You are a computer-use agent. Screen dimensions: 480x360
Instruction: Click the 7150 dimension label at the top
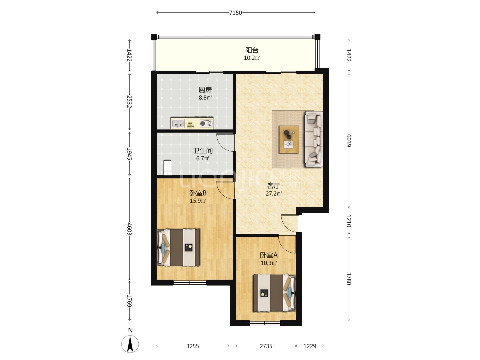coord(236,13)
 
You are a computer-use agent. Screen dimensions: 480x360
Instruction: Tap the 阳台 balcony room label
coord(252,50)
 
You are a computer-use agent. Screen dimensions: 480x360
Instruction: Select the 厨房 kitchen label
coord(205,90)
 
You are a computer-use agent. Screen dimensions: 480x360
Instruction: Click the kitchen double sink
coord(178,123)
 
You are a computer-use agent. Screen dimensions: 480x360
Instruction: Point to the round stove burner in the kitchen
coord(203,123)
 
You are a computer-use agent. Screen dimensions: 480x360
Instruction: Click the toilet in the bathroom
coord(168,168)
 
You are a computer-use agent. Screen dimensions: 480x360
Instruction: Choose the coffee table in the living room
coord(289,139)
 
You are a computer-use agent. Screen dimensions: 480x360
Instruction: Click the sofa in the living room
coord(314,139)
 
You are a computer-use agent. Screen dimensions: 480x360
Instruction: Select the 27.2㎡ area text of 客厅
coord(273,193)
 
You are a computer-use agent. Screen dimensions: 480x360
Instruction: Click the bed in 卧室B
coord(179,248)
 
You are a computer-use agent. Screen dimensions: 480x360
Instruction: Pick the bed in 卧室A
coord(274,293)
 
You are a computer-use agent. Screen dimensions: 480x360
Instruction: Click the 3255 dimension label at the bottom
coord(193,346)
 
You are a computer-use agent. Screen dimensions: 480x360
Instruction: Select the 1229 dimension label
coord(310,346)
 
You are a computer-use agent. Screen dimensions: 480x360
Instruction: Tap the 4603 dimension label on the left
coord(129,229)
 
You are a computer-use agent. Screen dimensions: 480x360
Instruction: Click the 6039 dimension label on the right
coord(349,140)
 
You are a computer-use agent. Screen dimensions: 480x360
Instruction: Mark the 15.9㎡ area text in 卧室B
coord(198,201)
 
